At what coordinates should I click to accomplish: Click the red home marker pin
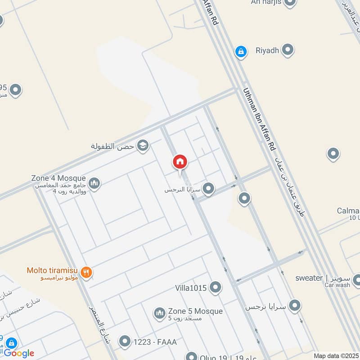click(180, 162)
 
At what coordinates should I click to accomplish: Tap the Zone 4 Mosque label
click(58, 178)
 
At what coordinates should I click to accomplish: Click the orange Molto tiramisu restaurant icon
click(87, 271)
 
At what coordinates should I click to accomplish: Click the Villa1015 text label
click(191, 288)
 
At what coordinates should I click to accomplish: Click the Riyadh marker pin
click(288, 49)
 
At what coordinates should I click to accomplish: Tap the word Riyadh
click(267, 50)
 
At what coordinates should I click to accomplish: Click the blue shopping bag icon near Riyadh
click(241, 52)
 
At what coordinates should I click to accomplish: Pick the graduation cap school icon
click(143, 145)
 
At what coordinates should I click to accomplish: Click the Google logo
click(19, 353)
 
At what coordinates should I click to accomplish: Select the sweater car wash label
click(322, 278)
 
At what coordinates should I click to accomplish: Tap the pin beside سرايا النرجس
click(208, 189)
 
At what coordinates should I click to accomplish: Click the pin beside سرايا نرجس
click(295, 306)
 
